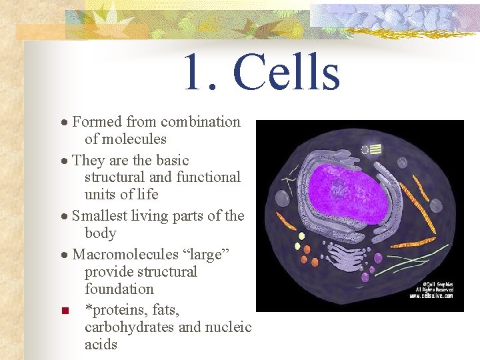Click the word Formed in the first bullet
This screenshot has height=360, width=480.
coord(97,122)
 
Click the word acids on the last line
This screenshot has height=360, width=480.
coord(101,345)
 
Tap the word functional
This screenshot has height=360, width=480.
coord(209,177)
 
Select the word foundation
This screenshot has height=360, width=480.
coord(119,289)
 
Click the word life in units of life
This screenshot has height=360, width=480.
coord(147,195)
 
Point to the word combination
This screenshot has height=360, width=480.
coord(200,122)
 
